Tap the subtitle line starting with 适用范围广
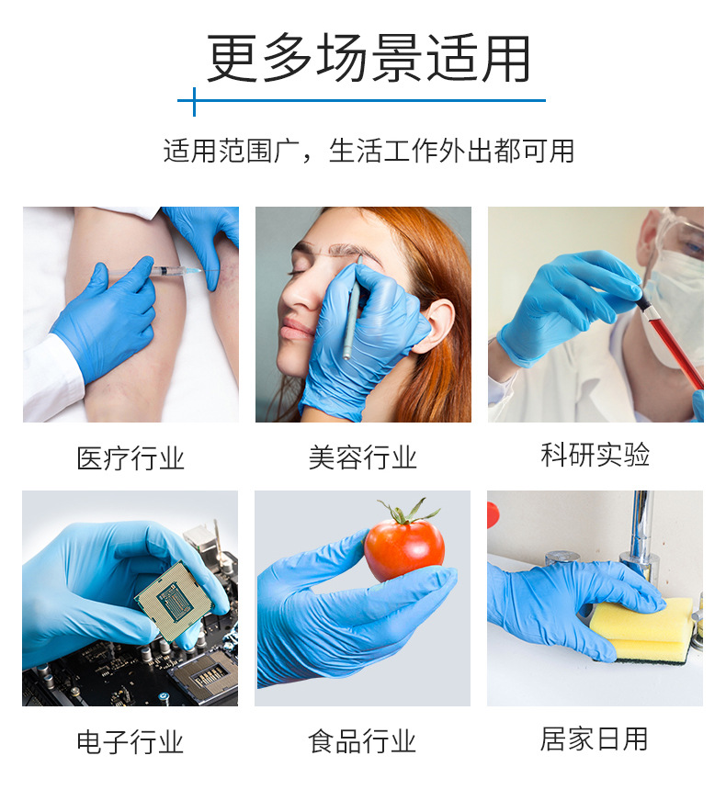point(369,151)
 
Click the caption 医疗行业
point(130,458)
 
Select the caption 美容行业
point(363,457)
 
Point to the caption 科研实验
point(595,455)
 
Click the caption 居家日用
point(595,739)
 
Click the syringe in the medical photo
point(170,272)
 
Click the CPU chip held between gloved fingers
point(171,596)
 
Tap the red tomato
point(403,549)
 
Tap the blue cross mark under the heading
point(194,101)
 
